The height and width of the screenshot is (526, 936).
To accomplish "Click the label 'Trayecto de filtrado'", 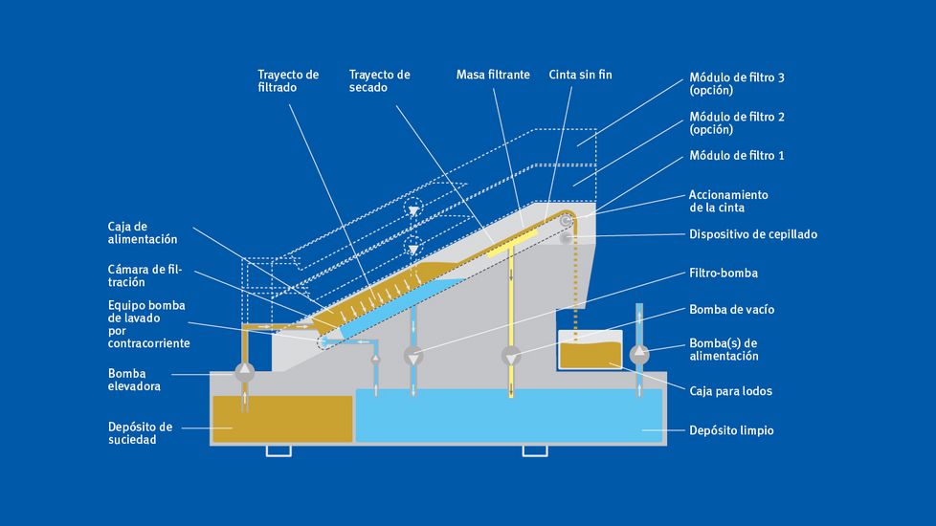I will (288, 80).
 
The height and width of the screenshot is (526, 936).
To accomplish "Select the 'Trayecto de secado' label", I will (379, 80).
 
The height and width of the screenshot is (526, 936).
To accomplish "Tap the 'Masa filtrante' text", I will (492, 75).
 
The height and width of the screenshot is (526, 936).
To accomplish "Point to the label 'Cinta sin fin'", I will (579, 75).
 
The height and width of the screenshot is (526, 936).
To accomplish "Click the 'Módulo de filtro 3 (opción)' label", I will (737, 83).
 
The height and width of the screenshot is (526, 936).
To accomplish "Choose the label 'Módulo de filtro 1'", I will (737, 155).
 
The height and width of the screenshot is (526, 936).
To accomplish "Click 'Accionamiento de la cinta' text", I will (728, 201).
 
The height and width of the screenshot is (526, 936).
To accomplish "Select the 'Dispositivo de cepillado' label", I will (753, 234).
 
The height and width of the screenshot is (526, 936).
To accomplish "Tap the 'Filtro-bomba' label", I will (723, 274).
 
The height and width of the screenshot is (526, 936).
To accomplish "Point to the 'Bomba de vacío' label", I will (731, 310).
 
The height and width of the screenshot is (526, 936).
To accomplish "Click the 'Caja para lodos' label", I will (730, 391).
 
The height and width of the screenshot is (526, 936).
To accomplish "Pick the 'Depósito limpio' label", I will (731, 430).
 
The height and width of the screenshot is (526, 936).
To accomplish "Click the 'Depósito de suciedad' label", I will (140, 432).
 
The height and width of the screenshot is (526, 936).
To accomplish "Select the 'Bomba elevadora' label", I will (134, 380).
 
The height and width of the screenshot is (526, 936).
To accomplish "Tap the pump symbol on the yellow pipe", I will (511, 357).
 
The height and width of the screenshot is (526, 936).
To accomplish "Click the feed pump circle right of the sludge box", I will (639, 355).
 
